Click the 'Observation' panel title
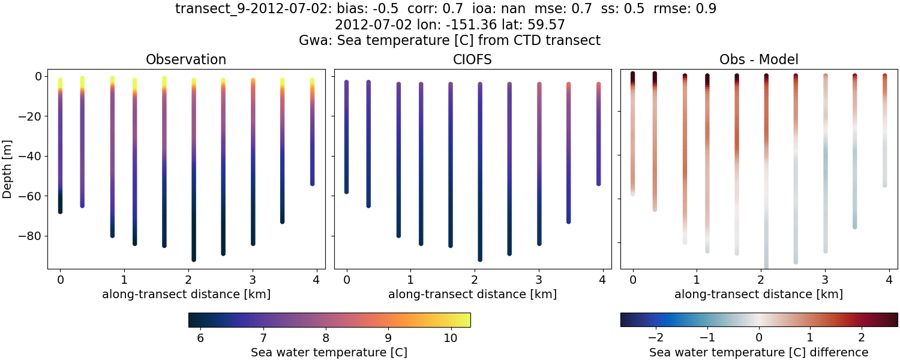(x=186, y=59)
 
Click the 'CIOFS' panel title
(x=472, y=59)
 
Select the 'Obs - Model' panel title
(x=758, y=59)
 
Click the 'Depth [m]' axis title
(x=8, y=169)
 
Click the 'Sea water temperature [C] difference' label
(x=758, y=352)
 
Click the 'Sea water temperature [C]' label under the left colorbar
(x=329, y=352)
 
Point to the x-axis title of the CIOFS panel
(x=472, y=294)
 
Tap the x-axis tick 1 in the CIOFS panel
(x=410, y=280)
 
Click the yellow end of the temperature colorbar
(x=466, y=320)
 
